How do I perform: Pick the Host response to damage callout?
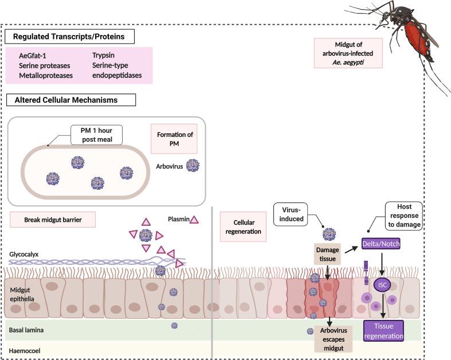403,214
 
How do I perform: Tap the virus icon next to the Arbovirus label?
193,166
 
